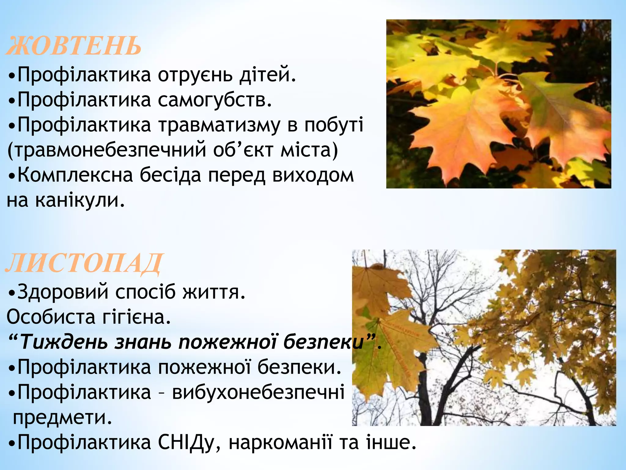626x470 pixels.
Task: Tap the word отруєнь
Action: pos(195,75)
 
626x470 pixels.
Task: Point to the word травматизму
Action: pos(219,125)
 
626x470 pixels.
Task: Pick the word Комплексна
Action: pos(75,175)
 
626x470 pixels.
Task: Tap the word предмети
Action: pos(62,417)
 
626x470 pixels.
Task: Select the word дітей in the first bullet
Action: pos(267,75)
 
